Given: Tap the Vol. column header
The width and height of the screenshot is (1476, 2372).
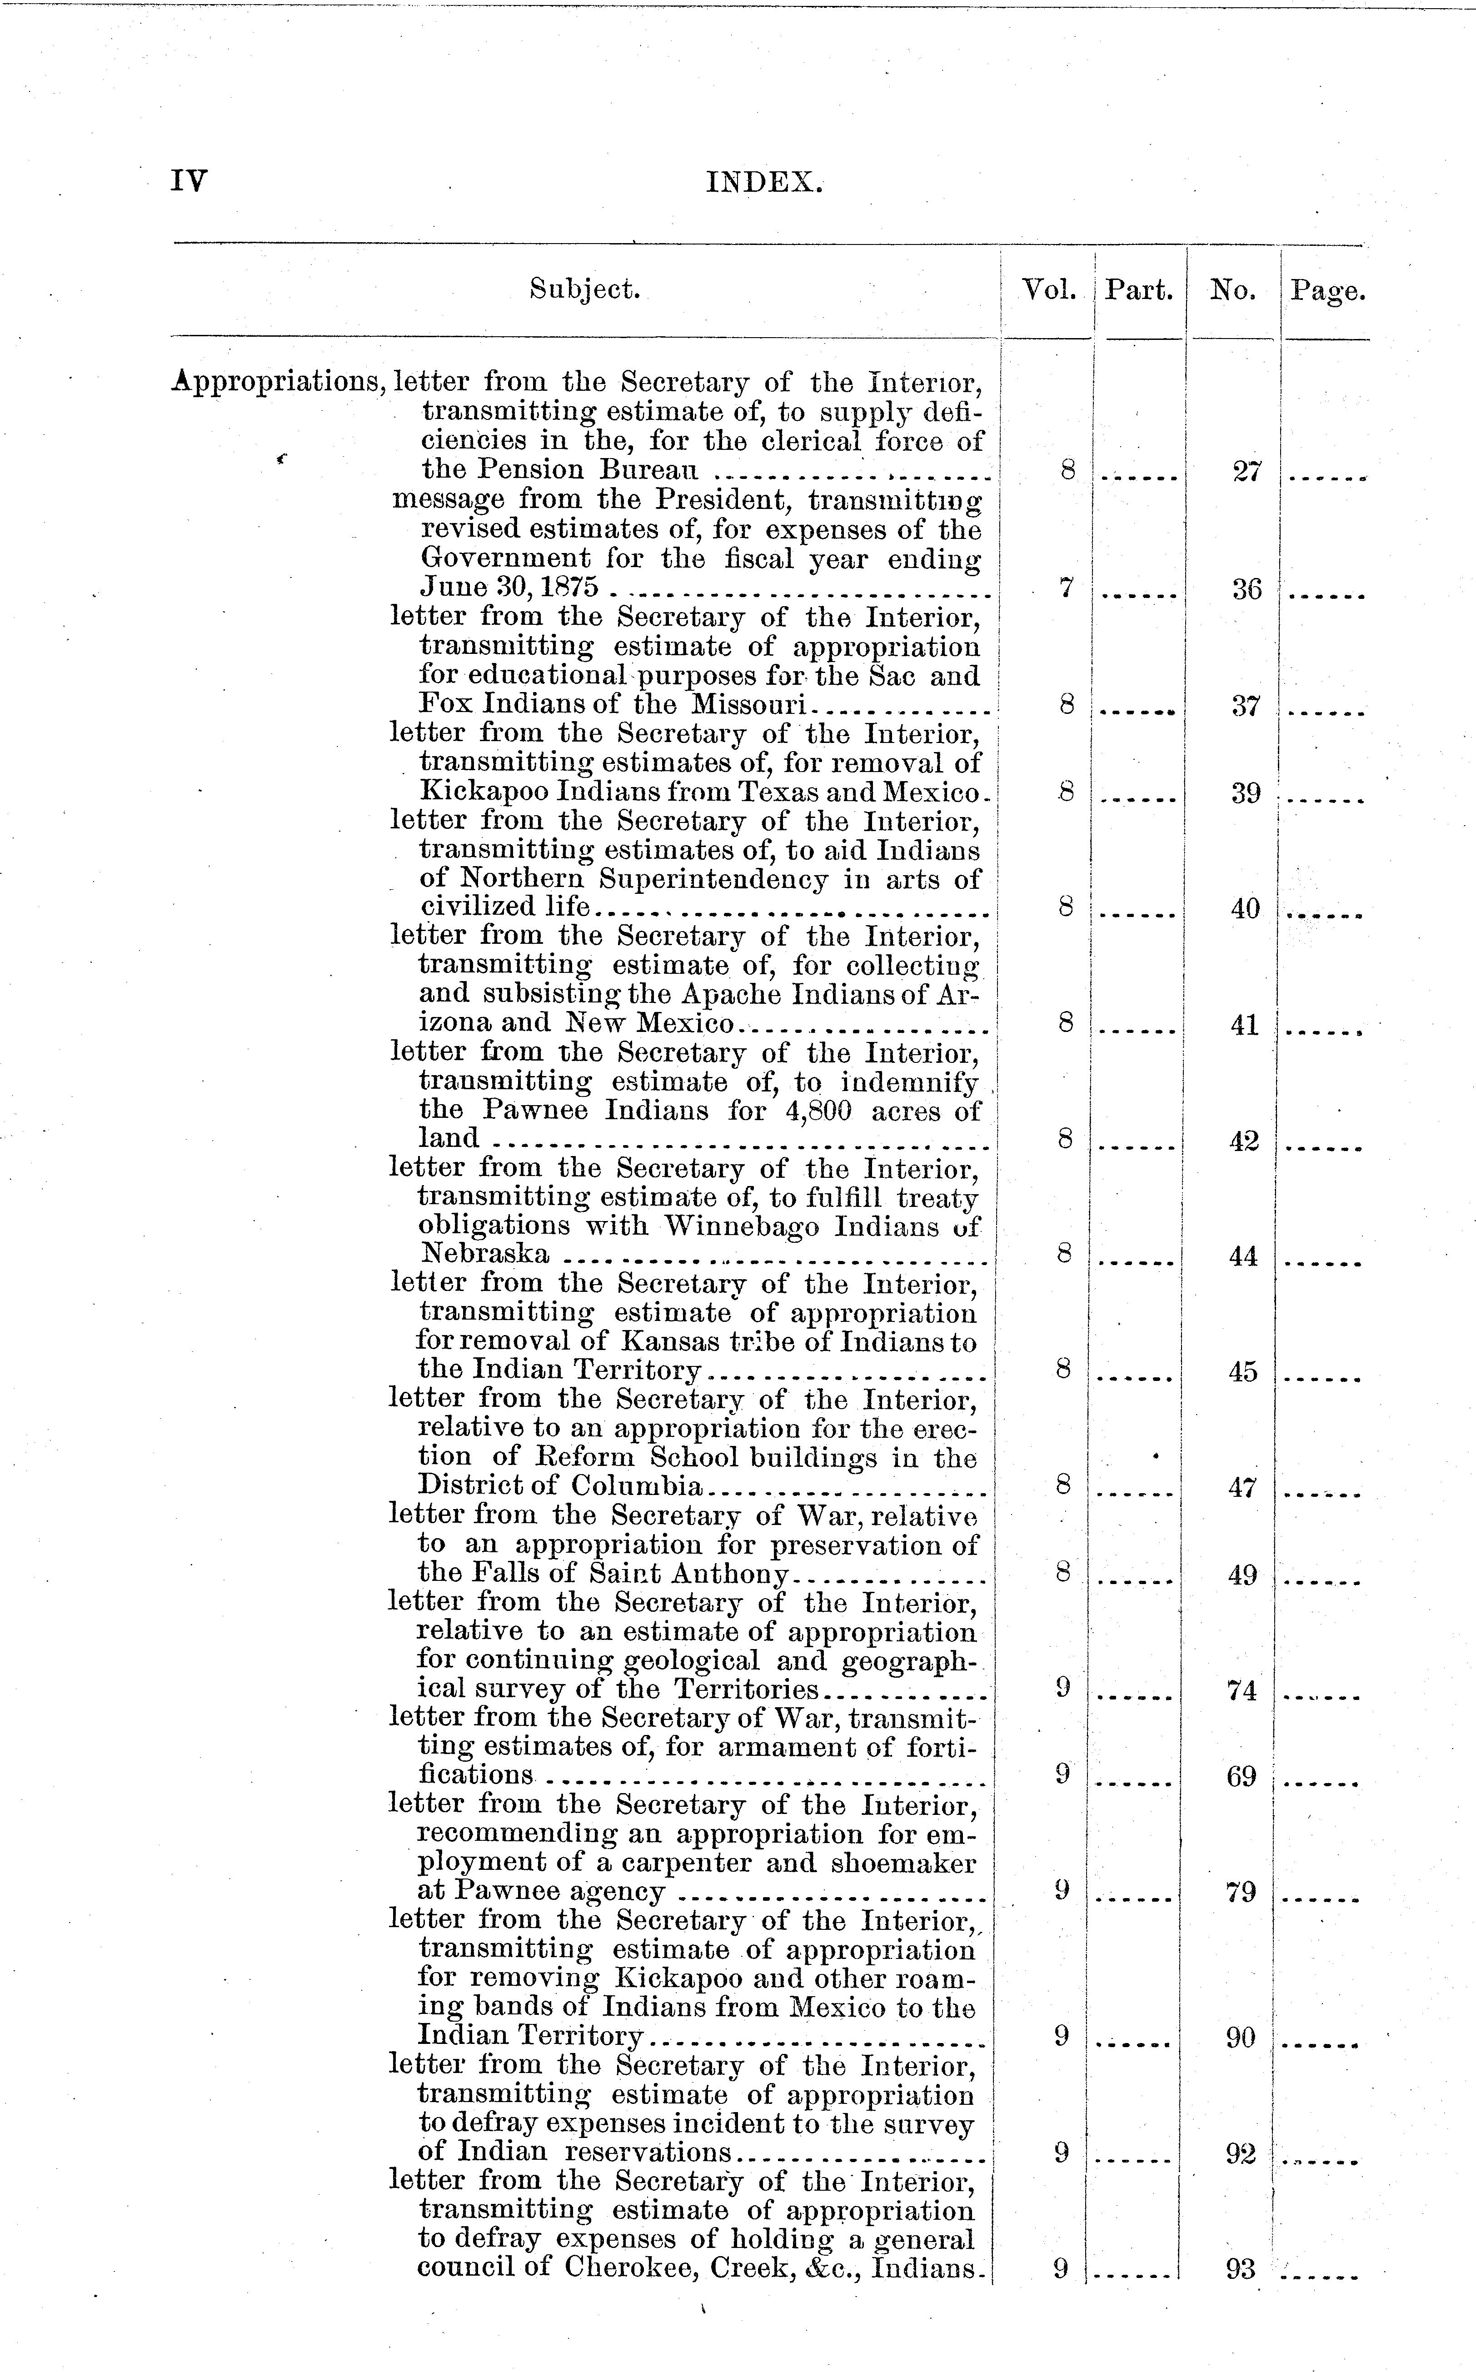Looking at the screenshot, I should tap(1048, 290).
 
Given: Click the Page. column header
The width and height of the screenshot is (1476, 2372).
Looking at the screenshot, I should tap(1327, 291).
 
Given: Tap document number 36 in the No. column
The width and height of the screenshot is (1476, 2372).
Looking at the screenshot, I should tap(1247, 589).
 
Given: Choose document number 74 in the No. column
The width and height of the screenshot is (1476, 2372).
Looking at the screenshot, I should tap(1242, 1691).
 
